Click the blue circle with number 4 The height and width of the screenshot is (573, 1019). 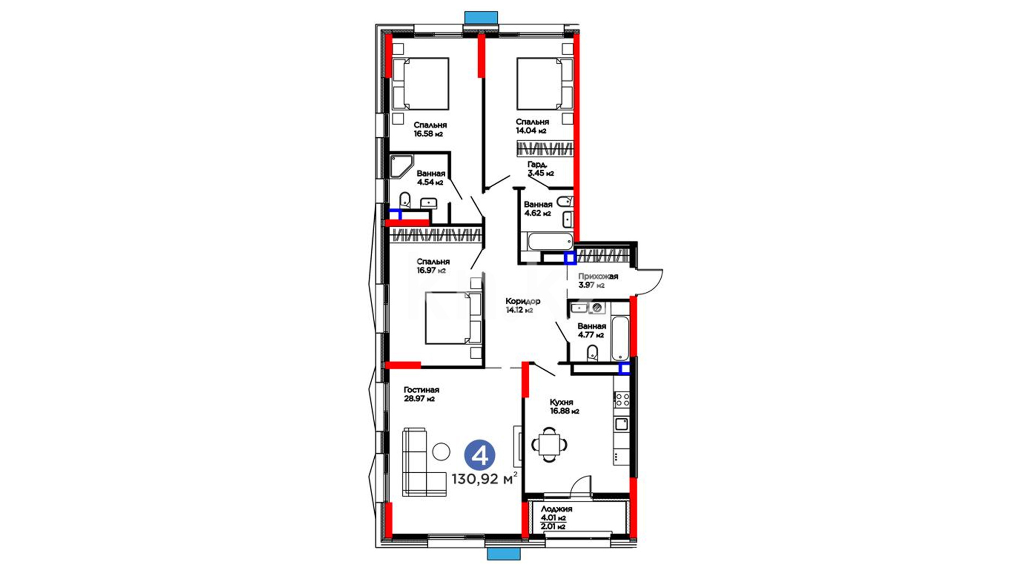tap(480, 456)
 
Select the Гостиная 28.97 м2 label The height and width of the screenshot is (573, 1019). tap(421, 394)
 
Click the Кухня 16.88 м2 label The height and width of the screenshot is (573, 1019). tap(564, 406)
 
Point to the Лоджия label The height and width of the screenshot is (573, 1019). tap(556, 509)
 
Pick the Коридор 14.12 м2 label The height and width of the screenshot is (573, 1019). tap(523, 306)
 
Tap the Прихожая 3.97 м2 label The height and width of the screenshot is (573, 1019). tap(598, 281)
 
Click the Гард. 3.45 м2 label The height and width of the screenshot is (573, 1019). tap(540, 169)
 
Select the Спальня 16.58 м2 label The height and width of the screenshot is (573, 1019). tap(430, 129)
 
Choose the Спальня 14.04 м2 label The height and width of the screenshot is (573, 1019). tap(532, 126)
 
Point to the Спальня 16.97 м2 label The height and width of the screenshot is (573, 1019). tap(433, 266)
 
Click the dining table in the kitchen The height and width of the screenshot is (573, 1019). tap(549, 444)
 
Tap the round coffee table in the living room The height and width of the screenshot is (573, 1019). tap(441, 452)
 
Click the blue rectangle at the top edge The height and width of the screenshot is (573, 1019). tap(481, 18)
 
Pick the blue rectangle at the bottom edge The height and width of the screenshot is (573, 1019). tap(504, 554)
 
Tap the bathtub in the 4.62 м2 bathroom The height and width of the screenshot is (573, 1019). tap(550, 241)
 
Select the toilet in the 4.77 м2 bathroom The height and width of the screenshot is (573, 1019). tap(592, 352)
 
